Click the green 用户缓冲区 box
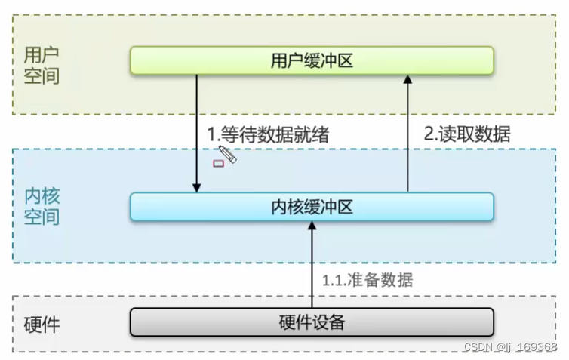pyautogui.click(x=312, y=60)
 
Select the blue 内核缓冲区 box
pyautogui.click(x=312, y=206)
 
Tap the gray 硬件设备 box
pyautogui.click(x=312, y=322)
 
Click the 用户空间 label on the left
pyautogui.click(x=42, y=66)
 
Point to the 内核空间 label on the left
pyautogui.click(x=42, y=207)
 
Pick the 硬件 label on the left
pyautogui.click(x=42, y=325)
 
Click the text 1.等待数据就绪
pyautogui.click(x=269, y=134)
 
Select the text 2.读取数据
pyautogui.click(x=467, y=134)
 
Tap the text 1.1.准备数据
pyautogui.click(x=368, y=279)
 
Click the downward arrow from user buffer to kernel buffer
pyautogui.click(x=197, y=132)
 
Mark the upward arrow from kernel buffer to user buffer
pyautogui.click(x=408, y=132)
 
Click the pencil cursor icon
pyautogui.click(x=229, y=155)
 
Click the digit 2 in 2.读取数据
pyautogui.click(x=429, y=135)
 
